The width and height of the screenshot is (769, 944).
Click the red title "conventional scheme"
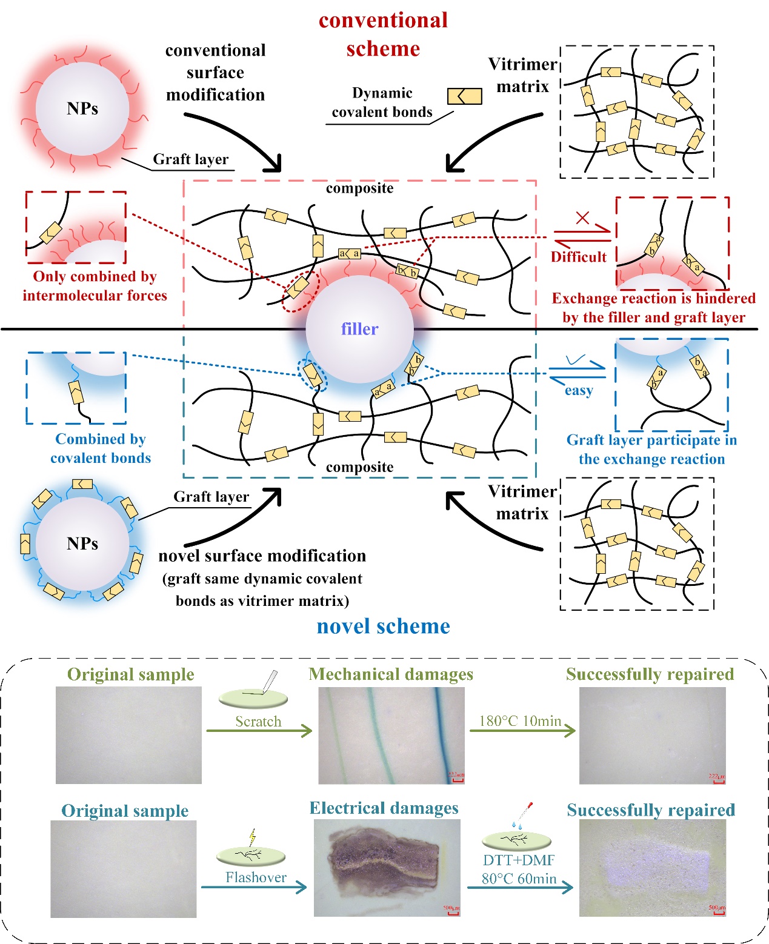coord(383,34)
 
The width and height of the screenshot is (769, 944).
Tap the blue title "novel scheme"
coord(383,626)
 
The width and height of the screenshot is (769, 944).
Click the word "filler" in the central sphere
coord(359,329)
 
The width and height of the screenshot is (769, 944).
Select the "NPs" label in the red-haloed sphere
coord(82,108)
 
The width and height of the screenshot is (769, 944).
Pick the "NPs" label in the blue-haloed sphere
coord(82,543)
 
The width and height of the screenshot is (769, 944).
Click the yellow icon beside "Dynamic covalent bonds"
coord(464,96)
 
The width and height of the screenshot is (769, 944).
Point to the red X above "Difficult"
coord(582,217)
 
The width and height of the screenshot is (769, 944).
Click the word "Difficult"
coord(578,257)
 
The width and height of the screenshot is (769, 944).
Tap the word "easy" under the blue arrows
coord(578,391)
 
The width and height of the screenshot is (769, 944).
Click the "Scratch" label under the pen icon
coord(258,721)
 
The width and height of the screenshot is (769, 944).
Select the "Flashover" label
coord(256,877)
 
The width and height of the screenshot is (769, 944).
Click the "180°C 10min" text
coord(520,720)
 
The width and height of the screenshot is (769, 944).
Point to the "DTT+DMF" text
coord(519,860)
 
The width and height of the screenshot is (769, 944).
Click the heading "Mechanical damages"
coord(391,674)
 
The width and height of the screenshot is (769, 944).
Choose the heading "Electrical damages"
coord(384,808)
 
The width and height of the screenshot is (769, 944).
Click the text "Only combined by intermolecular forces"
coord(95,286)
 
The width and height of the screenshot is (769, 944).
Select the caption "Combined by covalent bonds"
coord(101,448)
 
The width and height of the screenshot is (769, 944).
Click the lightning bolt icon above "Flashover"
coord(252,837)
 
